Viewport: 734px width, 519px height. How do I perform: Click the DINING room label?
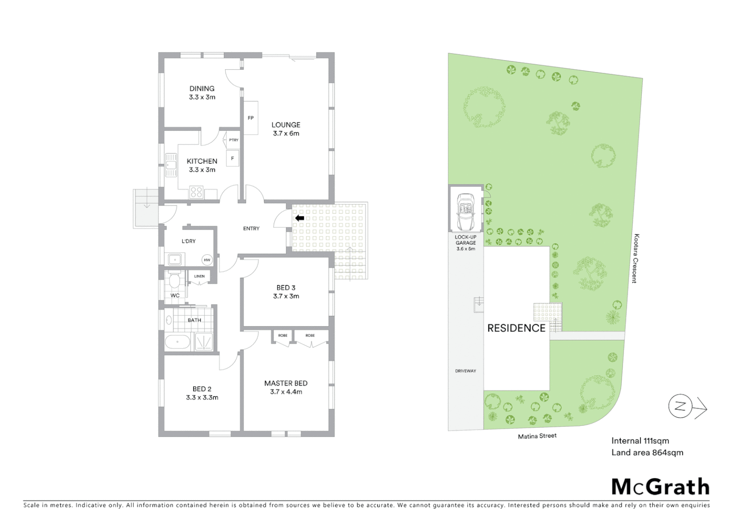(x=202, y=88)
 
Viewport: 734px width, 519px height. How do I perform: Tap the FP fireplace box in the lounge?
(x=250, y=118)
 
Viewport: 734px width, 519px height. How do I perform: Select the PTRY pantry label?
(x=233, y=140)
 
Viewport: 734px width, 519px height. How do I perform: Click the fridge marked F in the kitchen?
(x=232, y=158)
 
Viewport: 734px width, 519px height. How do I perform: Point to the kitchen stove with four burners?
(x=196, y=192)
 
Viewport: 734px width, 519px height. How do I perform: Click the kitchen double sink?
(x=171, y=165)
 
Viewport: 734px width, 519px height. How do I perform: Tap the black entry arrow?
(x=299, y=218)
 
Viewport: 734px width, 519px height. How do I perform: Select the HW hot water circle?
(x=207, y=260)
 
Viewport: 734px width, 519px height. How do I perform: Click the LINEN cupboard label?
(x=199, y=276)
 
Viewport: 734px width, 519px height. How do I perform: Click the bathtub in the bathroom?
(x=177, y=343)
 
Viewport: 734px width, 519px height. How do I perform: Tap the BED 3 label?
(x=286, y=288)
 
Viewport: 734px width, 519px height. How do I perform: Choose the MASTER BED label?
(x=286, y=383)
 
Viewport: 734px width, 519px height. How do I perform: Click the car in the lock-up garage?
(x=465, y=212)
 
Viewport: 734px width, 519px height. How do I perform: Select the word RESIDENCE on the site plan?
(x=516, y=328)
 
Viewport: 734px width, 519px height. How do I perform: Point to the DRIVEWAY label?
(x=465, y=371)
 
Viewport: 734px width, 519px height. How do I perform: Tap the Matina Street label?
(x=537, y=436)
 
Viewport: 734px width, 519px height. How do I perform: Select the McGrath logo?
(x=661, y=487)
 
